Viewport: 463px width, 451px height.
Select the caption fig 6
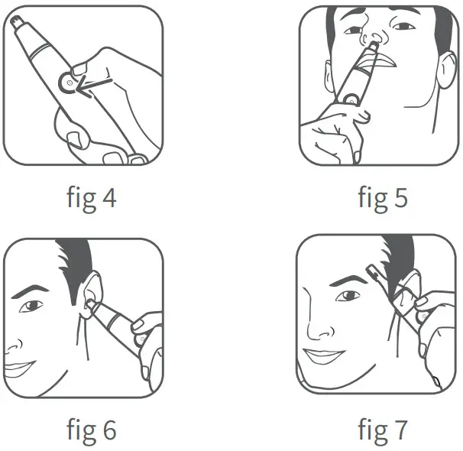90,430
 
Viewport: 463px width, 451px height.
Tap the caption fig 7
382,430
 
